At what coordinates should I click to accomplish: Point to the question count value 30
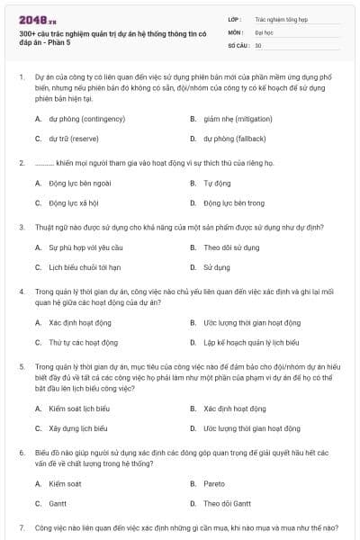[x=258, y=44]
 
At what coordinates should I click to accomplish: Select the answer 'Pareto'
[x=214, y=483]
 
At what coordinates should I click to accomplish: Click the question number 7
[x=22, y=526]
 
